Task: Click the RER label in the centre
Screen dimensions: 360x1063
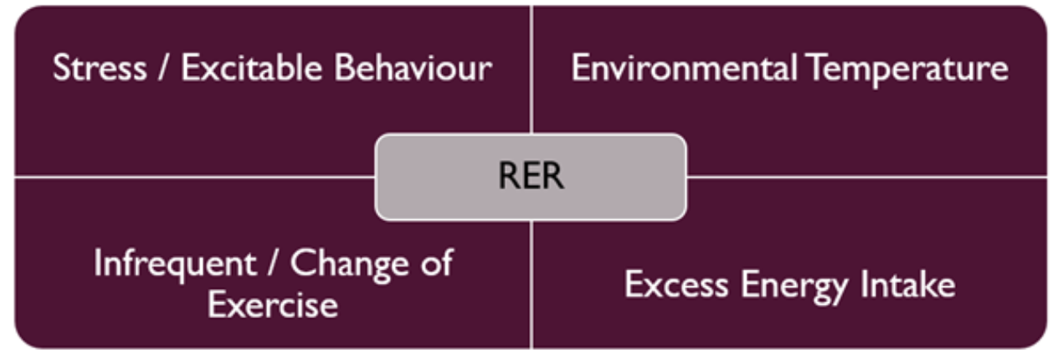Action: click(x=531, y=177)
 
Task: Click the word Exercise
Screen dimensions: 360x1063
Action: click(x=273, y=304)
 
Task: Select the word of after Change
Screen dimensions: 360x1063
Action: click(x=434, y=264)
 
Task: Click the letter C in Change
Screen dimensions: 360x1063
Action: click(x=304, y=264)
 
